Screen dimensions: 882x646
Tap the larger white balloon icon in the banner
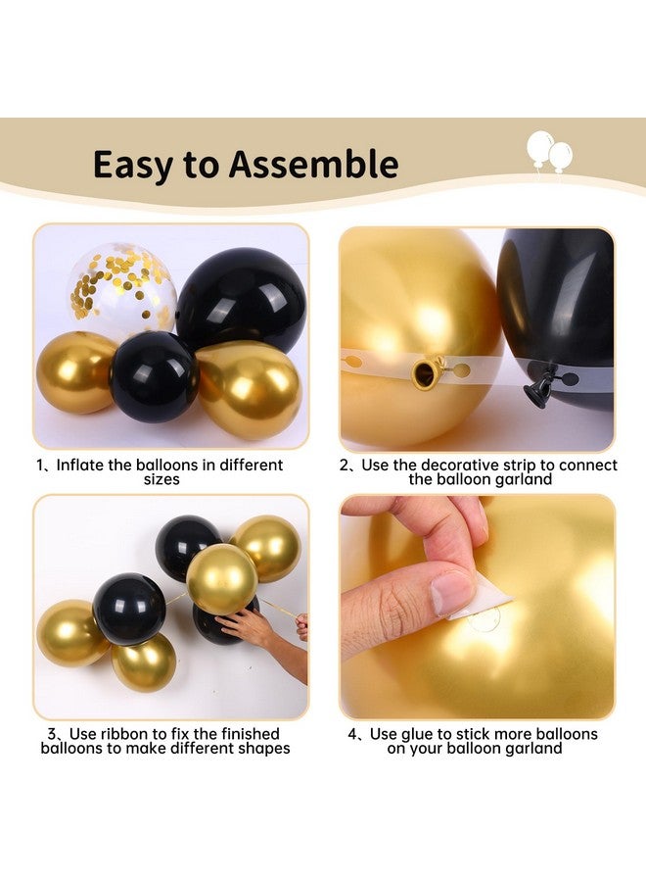(539, 148)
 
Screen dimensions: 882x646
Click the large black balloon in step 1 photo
(242, 298)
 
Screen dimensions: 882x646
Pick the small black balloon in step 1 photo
(154, 376)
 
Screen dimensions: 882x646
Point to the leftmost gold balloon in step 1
(76, 372)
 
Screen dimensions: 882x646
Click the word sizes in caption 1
(161, 480)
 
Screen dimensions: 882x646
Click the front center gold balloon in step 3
(222, 579)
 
